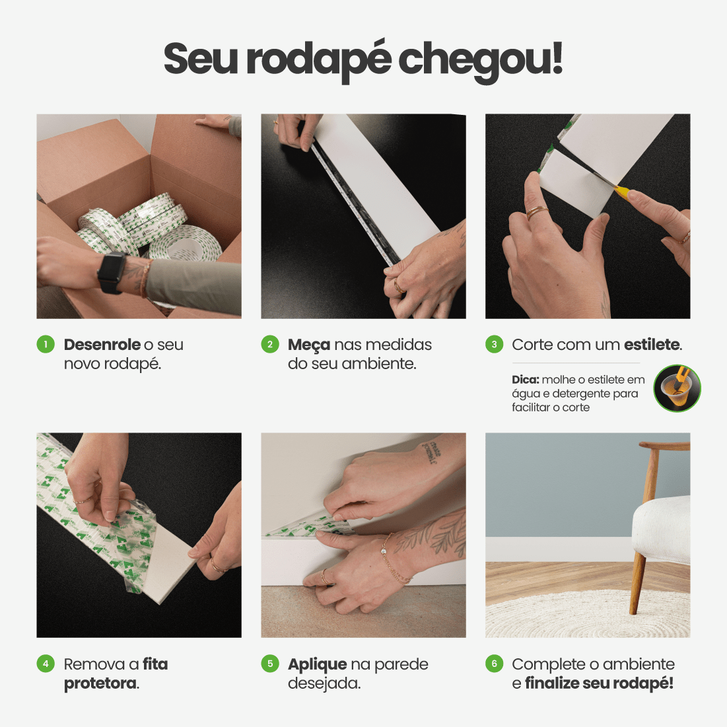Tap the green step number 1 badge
[46, 344]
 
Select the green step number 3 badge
[494, 344]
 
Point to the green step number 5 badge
[270, 664]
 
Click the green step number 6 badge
[494, 664]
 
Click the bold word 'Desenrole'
[102, 345]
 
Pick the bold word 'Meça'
[308, 345]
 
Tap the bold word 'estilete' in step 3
[651, 345]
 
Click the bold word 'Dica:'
[525, 380]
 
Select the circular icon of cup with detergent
[677, 389]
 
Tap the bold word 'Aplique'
[317, 665]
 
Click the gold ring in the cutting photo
[536, 213]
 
